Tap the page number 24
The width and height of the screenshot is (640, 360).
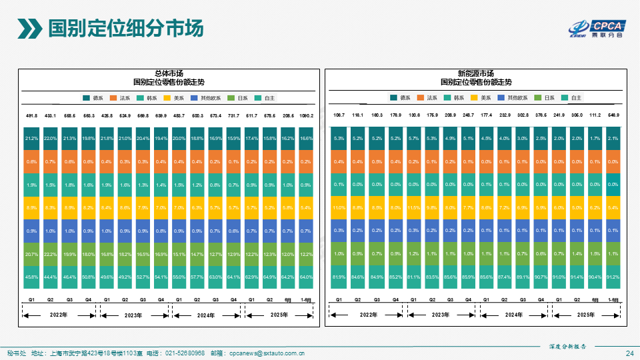tap(629, 353)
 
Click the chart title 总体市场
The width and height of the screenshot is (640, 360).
tap(169, 73)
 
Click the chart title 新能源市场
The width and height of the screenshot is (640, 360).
tap(476, 73)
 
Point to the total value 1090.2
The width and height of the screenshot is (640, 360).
tap(306, 115)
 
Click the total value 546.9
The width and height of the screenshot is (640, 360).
tap(613, 115)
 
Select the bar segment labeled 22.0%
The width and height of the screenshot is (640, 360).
tap(50, 138)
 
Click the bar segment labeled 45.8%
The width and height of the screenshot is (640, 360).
tap(31, 277)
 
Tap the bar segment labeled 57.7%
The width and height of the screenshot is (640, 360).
tap(197, 277)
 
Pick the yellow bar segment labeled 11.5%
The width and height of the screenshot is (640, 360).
tap(413, 207)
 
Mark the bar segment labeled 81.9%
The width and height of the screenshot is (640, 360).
tap(339, 277)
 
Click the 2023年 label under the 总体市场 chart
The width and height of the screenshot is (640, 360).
tap(133, 315)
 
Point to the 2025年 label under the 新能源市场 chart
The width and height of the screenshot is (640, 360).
tap(585, 315)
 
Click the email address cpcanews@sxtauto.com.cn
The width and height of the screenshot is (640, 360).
tap(267, 353)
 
